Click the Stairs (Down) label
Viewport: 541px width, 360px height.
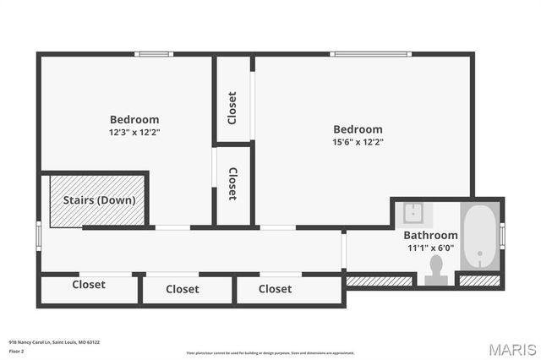click(x=100, y=200)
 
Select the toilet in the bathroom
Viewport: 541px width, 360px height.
click(x=436, y=268)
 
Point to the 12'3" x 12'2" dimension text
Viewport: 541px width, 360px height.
click(x=134, y=133)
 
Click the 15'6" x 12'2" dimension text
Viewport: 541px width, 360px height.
click(x=358, y=142)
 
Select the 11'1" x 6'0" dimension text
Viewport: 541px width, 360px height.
click(x=430, y=248)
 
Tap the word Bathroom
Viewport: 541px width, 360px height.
click(x=430, y=235)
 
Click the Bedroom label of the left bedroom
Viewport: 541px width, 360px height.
click(x=134, y=119)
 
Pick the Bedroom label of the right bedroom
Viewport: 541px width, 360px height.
click(x=358, y=129)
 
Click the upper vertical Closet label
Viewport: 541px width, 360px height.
click(x=232, y=107)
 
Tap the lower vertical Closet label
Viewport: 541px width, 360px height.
click(x=232, y=183)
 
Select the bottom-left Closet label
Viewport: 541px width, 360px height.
click(x=89, y=285)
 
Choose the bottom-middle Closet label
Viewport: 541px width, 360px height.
click(x=183, y=289)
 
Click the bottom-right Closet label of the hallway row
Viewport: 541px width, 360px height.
click(x=275, y=289)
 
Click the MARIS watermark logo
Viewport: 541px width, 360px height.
click(x=511, y=349)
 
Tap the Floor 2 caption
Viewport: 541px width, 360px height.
click(x=17, y=351)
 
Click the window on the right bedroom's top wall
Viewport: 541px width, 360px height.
click(x=371, y=54)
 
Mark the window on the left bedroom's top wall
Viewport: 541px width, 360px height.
click(x=154, y=54)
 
